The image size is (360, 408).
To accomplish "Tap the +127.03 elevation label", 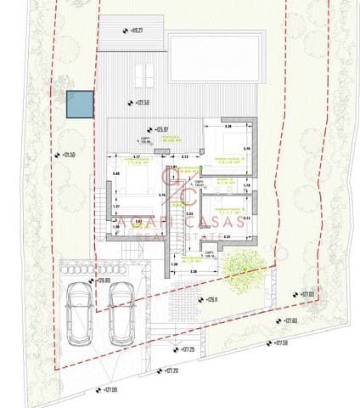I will click(306, 294).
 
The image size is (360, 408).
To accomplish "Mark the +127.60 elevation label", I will click(289, 320).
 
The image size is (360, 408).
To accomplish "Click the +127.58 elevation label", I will click(280, 343).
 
